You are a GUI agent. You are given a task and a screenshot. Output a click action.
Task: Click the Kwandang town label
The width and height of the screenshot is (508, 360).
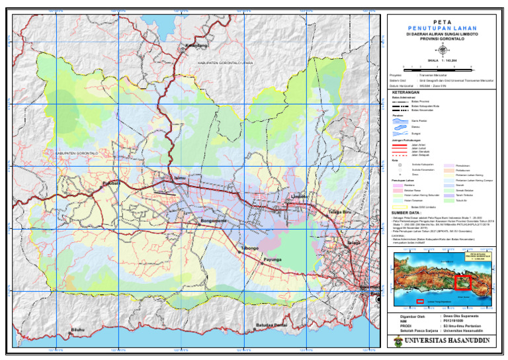click(x=196, y=46)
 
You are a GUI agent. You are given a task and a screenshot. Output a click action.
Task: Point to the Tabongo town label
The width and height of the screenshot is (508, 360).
click(x=249, y=248)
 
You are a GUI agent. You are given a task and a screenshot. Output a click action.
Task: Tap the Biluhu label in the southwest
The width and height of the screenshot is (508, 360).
click(x=79, y=329)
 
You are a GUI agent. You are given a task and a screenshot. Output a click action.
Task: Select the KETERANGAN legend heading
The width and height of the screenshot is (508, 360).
click(x=407, y=92)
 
